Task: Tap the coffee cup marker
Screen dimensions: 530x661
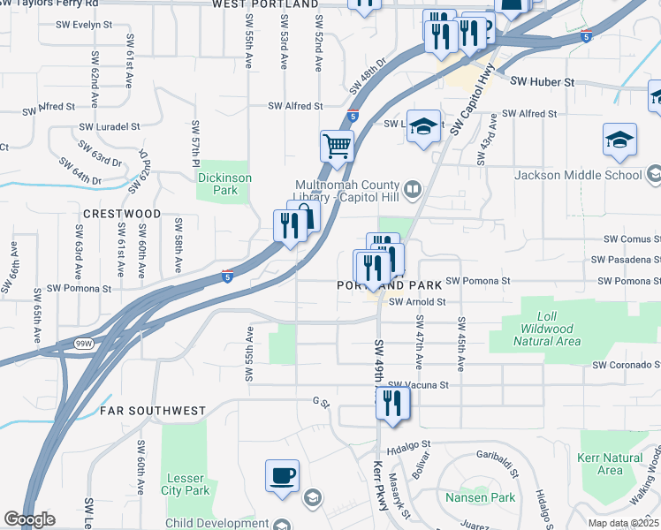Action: point(282,475)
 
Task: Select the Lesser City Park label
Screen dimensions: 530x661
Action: point(186,484)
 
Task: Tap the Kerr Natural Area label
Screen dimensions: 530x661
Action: point(610,464)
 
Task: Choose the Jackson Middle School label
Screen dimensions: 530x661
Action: point(580,175)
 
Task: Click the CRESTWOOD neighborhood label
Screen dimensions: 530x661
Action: point(122,214)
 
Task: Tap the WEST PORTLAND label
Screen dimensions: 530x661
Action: point(265,4)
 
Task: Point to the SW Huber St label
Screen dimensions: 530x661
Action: point(542,82)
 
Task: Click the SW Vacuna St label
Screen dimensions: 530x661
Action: point(419,385)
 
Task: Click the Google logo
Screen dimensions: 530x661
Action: point(28,519)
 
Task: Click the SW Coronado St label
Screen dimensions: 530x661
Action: point(626,365)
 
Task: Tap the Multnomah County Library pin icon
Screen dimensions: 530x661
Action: point(412,189)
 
